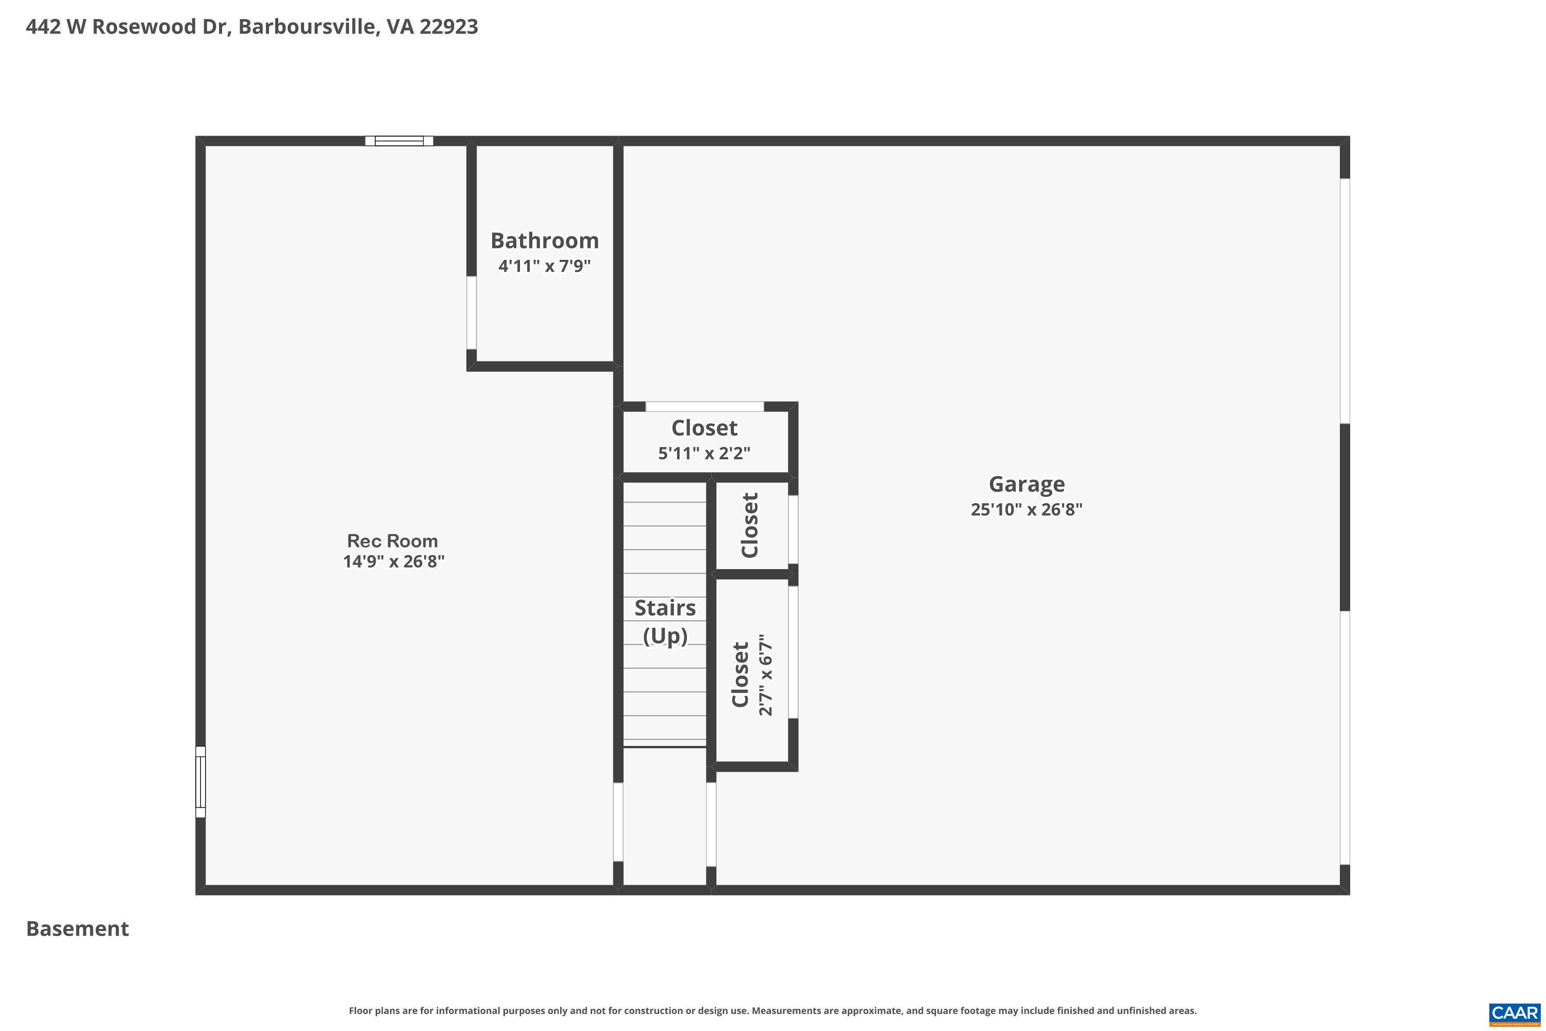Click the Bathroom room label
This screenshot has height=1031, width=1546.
pyautogui.click(x=544, y=241)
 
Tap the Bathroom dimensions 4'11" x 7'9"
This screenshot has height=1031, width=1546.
pyautogui.click(x=544, y=267)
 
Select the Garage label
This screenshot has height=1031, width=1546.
pyautogui.click(x=1026, y=484)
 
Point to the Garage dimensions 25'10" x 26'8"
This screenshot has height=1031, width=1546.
pyautogui.click(x=1026, y=510)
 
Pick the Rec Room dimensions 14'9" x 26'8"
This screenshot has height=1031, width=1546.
pyautogui.click(x=394, y=561)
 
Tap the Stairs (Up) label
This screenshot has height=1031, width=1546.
pyautogui.click(x=665, y=621)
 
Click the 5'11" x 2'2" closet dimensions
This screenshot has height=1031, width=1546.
pyautogui.click(x=704, y=453)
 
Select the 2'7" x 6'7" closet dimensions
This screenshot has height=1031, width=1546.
pyautogui.click(x=766, y=675)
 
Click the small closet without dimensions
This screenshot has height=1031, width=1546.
pyautogui.click(x=750, y=525)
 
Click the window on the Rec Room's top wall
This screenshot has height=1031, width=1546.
pyautogui.click(x=399, y=141)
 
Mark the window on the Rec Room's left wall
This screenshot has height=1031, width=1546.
pyautogui.click(x=200, y=782)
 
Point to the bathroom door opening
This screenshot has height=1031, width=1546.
pyautogui.click(x=472, y=312)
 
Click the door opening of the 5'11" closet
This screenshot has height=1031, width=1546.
pyautogui.click(x=704, y=406)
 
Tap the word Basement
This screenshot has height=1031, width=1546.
pyautogui.click(x=78, y=928)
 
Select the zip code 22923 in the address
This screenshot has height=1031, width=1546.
pyautogui.click(x=448, y=27)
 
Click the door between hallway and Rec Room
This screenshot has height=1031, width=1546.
pyautogui.click(x=618, y=822)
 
